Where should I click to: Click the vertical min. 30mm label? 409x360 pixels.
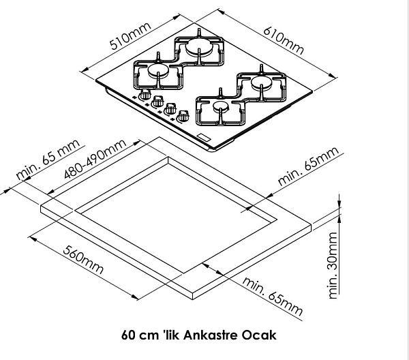point(333,266)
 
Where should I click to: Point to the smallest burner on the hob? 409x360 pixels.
point(220,108)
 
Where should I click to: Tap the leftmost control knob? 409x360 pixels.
point(145,96)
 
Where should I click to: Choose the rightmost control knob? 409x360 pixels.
point(182,117)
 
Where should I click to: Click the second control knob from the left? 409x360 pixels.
point(157,103)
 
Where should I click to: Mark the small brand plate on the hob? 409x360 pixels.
point(204,138)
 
